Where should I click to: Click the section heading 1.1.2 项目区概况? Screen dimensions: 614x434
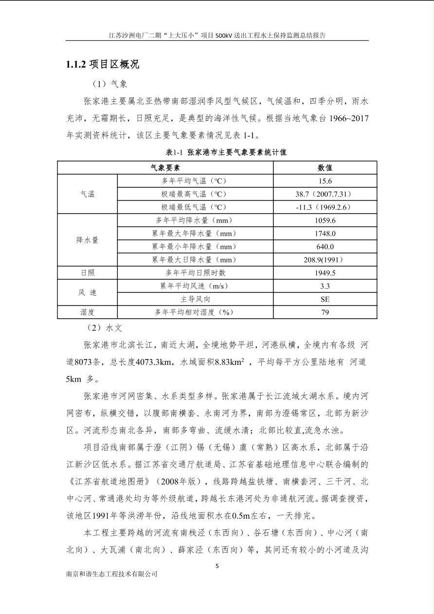tap(103, 64)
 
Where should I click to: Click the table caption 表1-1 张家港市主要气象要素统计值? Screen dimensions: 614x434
tap(226, 152)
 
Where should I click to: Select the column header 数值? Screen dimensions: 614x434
tap(325, 168)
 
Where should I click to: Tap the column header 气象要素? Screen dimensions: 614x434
tap(165, 168)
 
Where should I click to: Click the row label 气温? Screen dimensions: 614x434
tap(88, 194)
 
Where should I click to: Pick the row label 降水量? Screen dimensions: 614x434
tap(88, 240)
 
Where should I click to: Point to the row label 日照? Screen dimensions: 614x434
tap(88, 273)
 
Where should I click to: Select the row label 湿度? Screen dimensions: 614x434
tap(88, 312)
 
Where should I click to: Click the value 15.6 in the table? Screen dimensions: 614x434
tap(325, 181)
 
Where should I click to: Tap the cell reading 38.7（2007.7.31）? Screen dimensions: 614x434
tap(325, 194)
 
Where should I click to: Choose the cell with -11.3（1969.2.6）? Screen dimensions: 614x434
tap(325, 207)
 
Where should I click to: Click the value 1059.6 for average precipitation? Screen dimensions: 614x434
tap(325, 220)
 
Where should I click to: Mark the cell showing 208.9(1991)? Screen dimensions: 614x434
tap(325, 260)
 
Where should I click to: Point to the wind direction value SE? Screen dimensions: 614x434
tap(325, 299)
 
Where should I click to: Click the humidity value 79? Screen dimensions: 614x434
tap(325, 312)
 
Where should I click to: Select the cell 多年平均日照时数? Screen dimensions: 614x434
tap(196, 273)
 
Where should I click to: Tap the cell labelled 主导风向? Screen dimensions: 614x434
tap(196, 299)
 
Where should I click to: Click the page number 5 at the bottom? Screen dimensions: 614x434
tap(217, 566)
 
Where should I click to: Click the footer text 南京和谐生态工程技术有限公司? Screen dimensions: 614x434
tap(112, 574)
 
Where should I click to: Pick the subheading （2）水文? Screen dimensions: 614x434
tap(108, 328)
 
